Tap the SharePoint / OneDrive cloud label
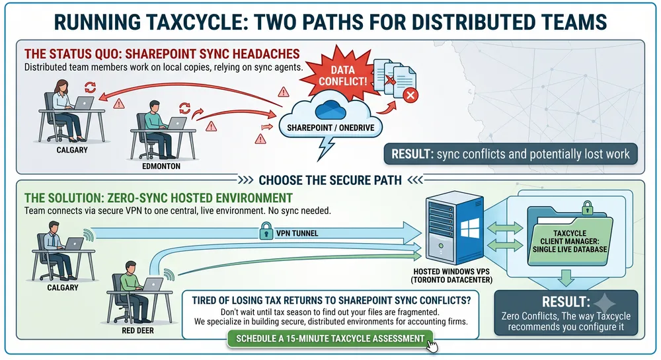coord(330,127)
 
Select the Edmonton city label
coord(161,166)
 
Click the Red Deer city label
coord(138,330)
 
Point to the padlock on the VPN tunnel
coord(266,231)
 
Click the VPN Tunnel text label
coord(297,233)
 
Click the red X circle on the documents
coord(410,95)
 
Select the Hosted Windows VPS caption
coord(452,276)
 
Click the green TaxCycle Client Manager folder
coord(570,236)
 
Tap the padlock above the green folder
coord(587,208)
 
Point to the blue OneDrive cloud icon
coord(330,110)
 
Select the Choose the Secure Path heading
coord(330,180)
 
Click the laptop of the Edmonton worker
coord(176,123)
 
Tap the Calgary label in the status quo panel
coord(72,150)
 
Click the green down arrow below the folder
coord(566,277)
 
